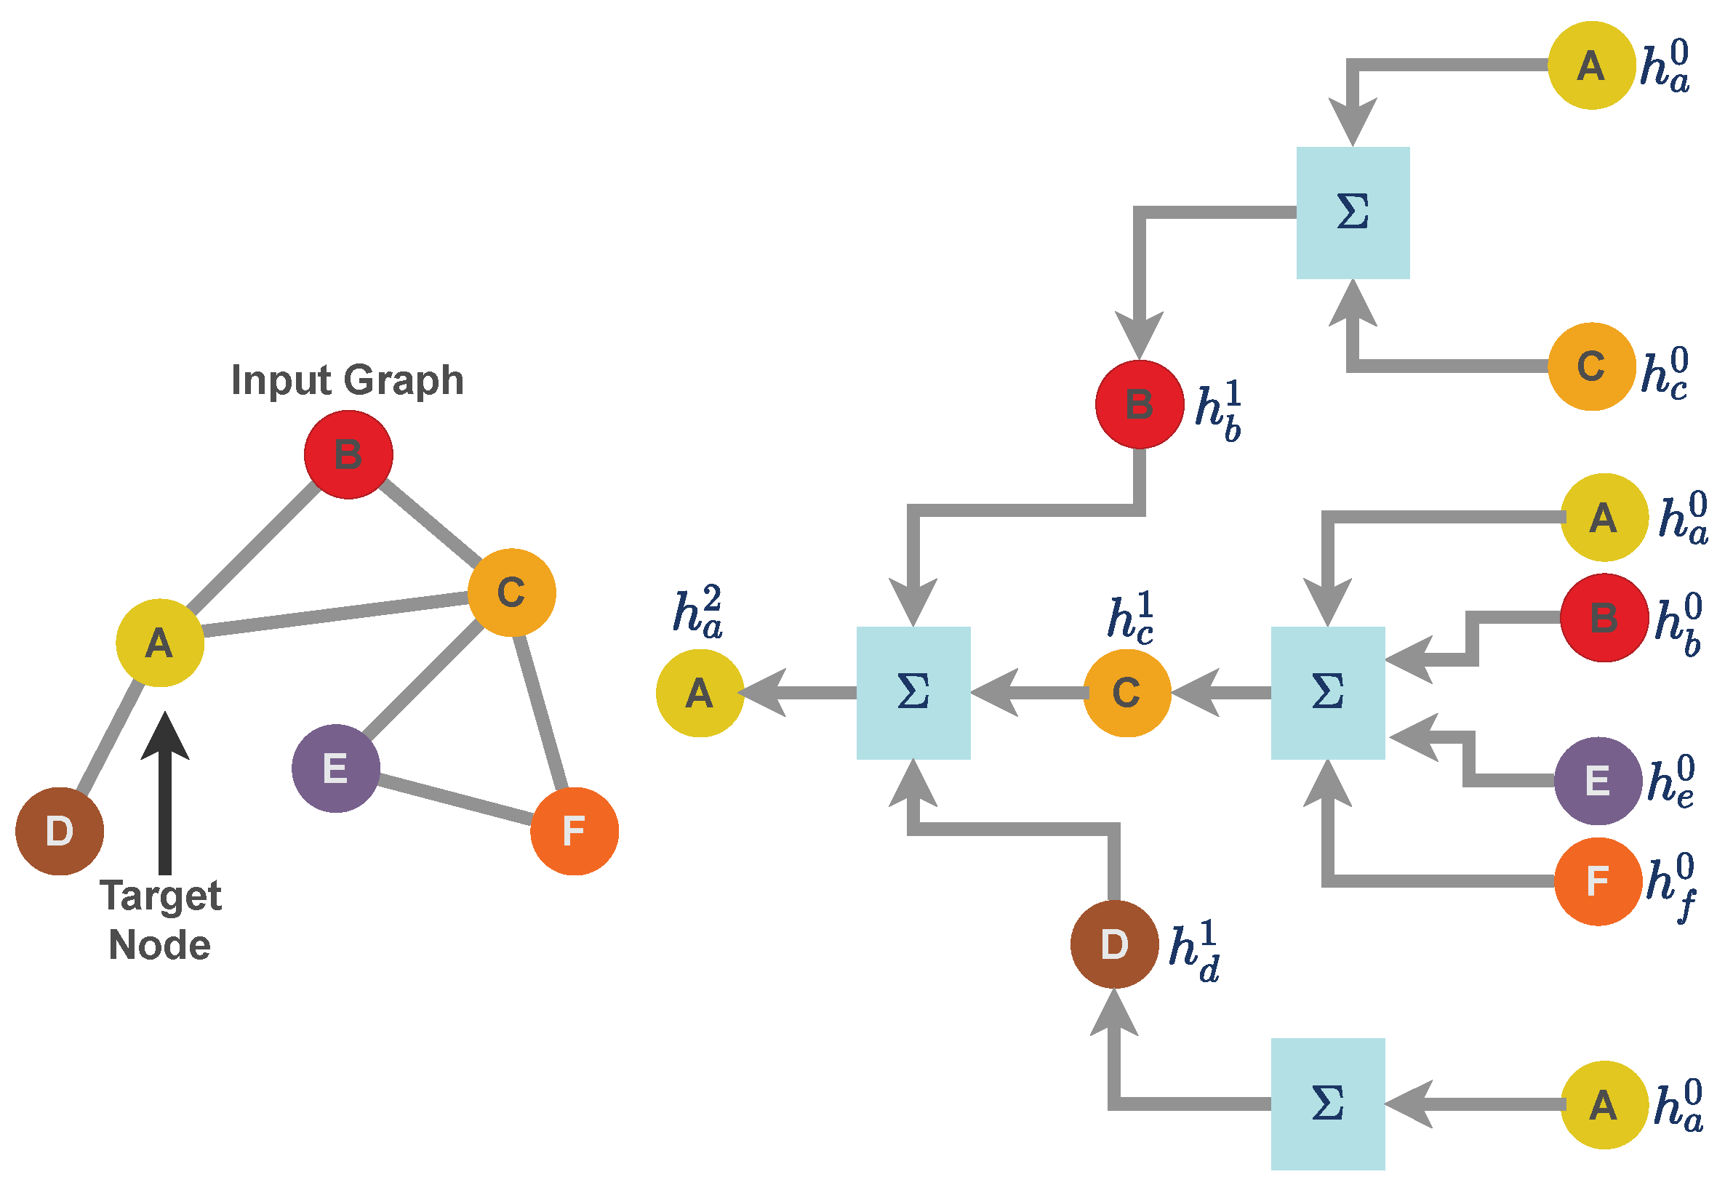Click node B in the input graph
tap(348, 454)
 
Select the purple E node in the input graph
tap(336, 768)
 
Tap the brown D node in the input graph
tap(60, 831)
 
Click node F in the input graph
tap(575, 831)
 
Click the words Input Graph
tap(348, 379)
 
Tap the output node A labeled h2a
tap(700, 693)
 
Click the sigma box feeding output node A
tap(913, 693)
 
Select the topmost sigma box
tap(1353, 213)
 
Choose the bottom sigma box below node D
tap(1328, 1104)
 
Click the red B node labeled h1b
tap(1140, 404)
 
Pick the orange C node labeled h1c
tap(1126, 693)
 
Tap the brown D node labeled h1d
tap(1115, 945)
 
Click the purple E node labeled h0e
tap(1598, 781)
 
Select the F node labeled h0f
tap(1598, 882)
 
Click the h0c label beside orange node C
tap(1665, 372)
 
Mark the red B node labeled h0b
tap(1604, 618)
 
